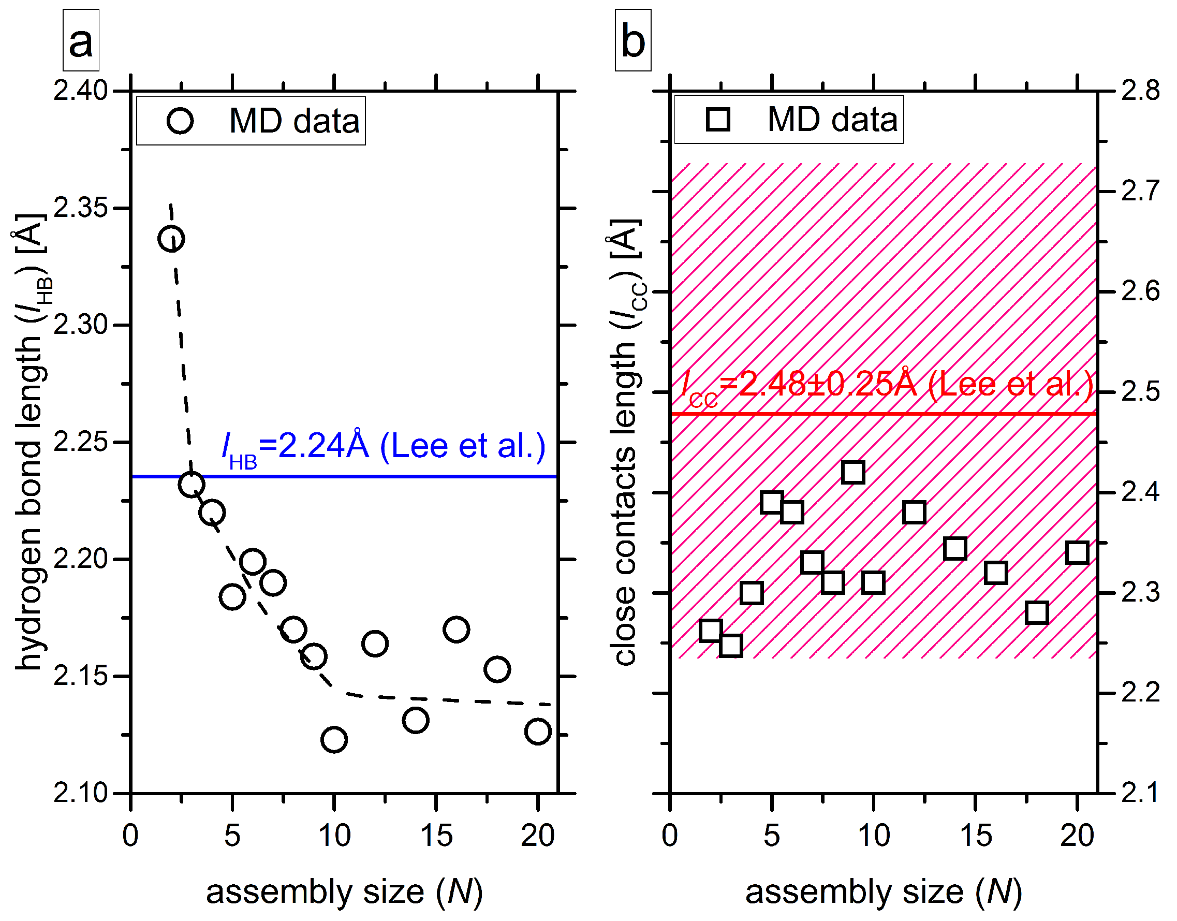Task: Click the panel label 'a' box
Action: pyautogui.click(x=81, y=40)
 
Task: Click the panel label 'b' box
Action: pyautogui.click(x=632, y=40)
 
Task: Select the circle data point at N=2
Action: pyautogui.click(x=171, y=239)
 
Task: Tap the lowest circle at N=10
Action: pyautogui.click(x=334, y=739)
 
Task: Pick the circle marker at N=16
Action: pyautogui.click(x=456, y=630)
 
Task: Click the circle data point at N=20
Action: pyautogui.click(x=538, y=732)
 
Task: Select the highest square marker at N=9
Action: pyautogui.click(x=853, y=472)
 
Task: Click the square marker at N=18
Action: pyautogui.click(x=1037, y=613)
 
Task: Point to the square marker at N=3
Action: pyautogui.click(x=730, y=646)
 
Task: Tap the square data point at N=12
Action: pyautogui.click(x=915, y=512)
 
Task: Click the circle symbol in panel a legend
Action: pyautogui.click(x=180, y=121)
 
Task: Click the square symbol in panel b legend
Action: pyautogui.click(x=717, y=119)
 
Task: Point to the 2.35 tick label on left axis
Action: pyautogui.click(x=81, y=208)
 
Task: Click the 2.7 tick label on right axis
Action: pyautogui.click(x=1140, y=191)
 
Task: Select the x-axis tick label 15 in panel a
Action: pyautogui.click(x=436, y=836)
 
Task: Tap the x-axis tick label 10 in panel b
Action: pyautogui.click(x=873, y=836)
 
